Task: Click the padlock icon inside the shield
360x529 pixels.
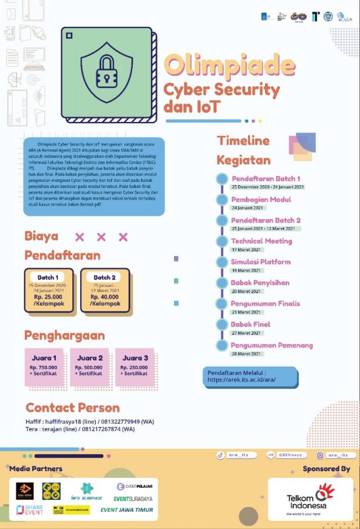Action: click(x=106, y=73)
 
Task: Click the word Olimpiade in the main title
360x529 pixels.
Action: click(x=229, y=64)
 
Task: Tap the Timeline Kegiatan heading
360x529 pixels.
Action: click(x=243, y=150)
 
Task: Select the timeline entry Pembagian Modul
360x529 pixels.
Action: click(x=261, y=199)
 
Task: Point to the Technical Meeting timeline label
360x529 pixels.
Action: click(x=261, y=241)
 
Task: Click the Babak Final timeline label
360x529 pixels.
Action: click(x=250, y=324)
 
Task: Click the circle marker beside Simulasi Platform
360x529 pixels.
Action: click(x=222, y=262)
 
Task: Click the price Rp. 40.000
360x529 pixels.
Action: click(x=105, y=297)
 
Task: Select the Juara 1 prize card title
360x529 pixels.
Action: click(x=44, y=358)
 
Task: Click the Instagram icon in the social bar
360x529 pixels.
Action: click(x=320, y=455)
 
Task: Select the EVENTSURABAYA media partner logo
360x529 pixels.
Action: click(x=133, y=499)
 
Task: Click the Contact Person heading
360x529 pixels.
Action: click(x=73, y=408)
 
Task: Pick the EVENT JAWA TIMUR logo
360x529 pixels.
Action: click(x=127, y=510)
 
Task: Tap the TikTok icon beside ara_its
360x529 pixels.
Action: click(x=220, y=455)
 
